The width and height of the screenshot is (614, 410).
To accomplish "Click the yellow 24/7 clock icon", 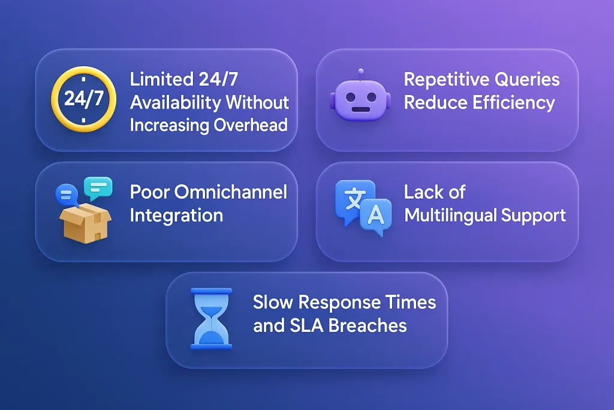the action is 83,99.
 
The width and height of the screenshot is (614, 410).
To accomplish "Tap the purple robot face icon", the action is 360,95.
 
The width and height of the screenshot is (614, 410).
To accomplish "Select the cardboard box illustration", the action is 85,222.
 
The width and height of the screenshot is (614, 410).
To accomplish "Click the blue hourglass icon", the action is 211,319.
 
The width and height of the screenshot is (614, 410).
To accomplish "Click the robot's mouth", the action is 360,109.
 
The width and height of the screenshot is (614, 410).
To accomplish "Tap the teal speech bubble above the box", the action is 98,188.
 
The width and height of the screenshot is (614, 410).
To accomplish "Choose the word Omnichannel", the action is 231,192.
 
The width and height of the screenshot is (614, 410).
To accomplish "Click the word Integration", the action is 176,216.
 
